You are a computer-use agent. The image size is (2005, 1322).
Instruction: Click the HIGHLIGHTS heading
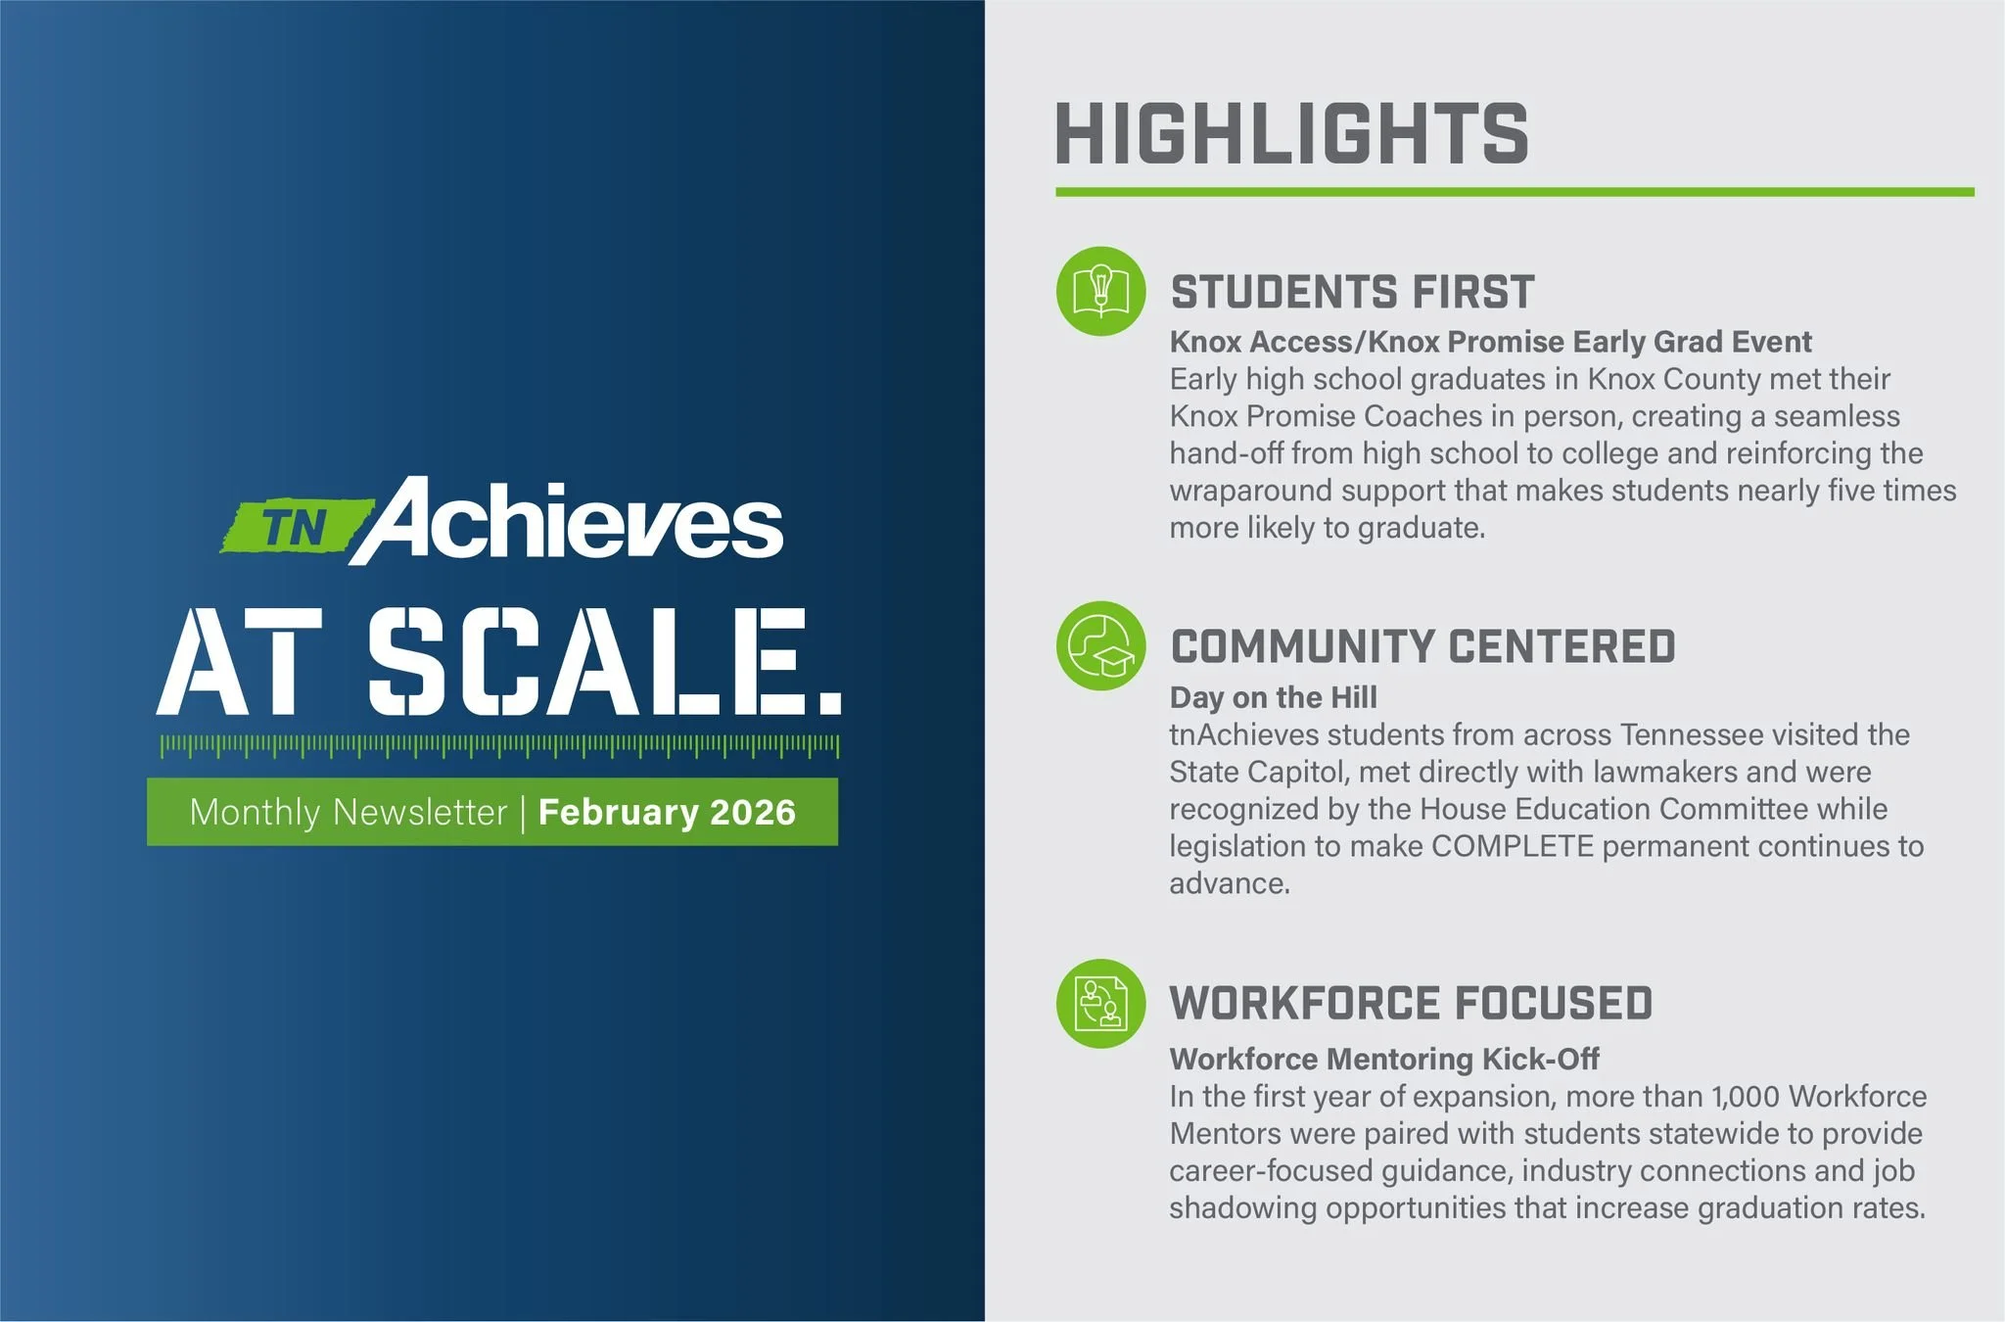click(1290, 134)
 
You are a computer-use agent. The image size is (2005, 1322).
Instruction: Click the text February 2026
click(667, 812)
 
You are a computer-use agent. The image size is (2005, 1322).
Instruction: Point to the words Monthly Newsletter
click(348, 812)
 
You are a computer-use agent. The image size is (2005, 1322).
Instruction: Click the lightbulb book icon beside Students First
click(1100, 291)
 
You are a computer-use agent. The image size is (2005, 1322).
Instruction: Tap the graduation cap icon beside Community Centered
click(1100, 646)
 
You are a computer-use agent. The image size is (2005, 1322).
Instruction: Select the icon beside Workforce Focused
click(1100, 1003)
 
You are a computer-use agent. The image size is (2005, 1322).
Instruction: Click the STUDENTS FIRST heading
click(1352, 292)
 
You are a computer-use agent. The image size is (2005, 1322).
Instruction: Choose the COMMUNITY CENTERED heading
click(1422, 647)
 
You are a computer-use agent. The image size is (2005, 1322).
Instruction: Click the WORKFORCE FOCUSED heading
click(1411, 1004)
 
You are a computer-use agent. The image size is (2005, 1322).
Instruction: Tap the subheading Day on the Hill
click(1273, 697)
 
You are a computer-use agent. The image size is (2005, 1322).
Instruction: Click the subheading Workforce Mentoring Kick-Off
click(1383, 1059)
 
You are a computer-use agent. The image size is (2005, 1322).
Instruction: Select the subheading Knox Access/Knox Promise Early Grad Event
click(1490, 342)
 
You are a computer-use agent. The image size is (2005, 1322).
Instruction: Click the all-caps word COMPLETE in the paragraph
click(1513, 846)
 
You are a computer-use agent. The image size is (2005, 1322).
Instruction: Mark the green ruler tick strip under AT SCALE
click(499, 746)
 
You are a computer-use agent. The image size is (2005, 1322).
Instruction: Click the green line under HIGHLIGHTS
click(1514, 192)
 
